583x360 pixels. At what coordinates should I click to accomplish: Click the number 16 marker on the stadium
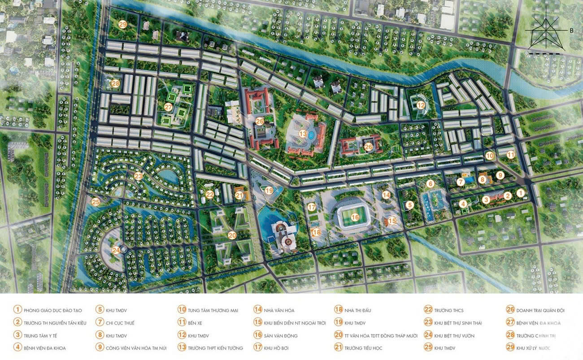pyautogui.click(x=355, y=217)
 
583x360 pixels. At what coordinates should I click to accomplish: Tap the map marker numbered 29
pyautogui.click(x=122, y=25)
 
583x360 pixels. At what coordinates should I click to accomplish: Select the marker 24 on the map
pyautogui.click(x=116, y=251)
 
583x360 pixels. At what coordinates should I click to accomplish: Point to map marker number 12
pyautogui.click(x=420, y=105)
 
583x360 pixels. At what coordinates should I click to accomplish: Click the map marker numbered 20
pyautogui.click(x=232, y=235)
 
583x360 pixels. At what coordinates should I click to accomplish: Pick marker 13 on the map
pyautogui.click(x=303, y=134)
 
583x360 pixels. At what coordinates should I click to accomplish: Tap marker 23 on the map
pyautogui.click(x=138, y=177)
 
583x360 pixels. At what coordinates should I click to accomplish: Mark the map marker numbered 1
pyautogui.click(x=520, y=193)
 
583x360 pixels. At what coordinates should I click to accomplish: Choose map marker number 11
pyautogui.click(x=511, y=155)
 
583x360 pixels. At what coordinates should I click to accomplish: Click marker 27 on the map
pyautogui.click(x=168, y=107)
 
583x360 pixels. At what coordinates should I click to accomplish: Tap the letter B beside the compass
pyautogui.click(x=572, y=31)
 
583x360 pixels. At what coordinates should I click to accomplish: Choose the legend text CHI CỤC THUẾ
pyautogui.click(x=120, y=323)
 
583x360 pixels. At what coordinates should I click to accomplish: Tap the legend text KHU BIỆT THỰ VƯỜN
pyautogui.click(x=454, y=335)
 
